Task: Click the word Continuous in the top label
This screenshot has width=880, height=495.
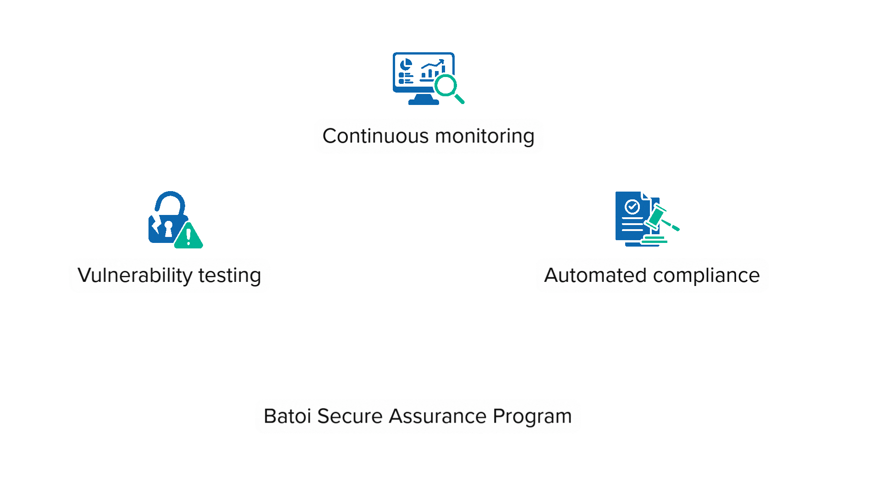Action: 375,136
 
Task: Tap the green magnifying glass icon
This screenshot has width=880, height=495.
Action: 445,86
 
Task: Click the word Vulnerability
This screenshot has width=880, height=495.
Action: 135,275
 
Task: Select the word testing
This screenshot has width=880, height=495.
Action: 230,275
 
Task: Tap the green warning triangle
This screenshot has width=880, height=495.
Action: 188,236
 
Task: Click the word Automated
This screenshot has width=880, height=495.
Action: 595,275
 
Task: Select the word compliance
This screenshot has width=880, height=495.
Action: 706,275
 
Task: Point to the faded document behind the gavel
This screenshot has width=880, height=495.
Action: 631,218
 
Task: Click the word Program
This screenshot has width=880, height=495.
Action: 532,416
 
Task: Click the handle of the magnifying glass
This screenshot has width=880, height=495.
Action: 459,99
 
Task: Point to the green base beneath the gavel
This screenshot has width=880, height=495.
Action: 654,240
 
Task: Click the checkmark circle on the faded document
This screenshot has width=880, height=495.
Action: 632,207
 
